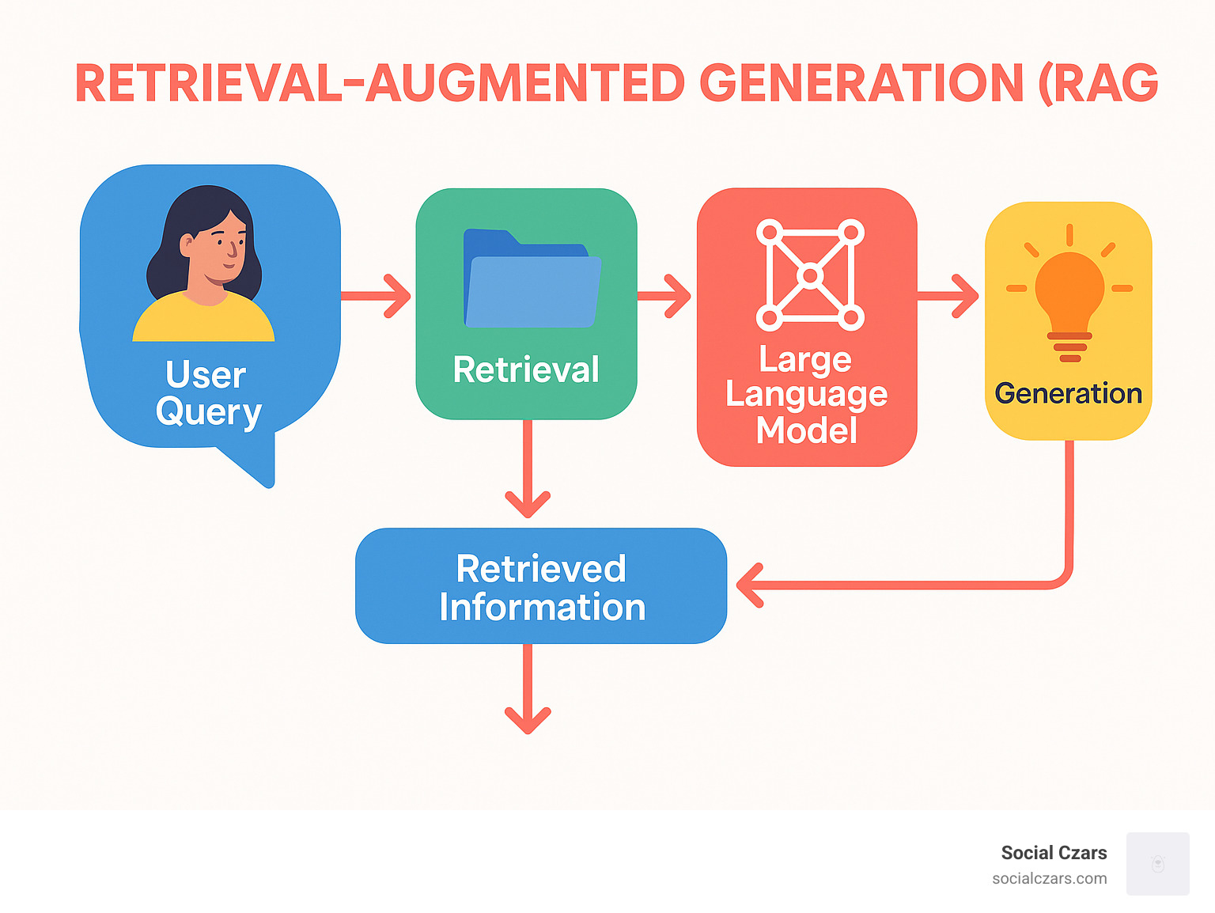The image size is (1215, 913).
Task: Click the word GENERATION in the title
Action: [861, 84]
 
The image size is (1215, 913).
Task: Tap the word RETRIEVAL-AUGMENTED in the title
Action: [380, 84]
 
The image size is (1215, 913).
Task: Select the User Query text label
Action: [207, 393]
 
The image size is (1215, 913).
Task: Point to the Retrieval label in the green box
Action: [526, 369]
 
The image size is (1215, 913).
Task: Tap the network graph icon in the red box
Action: [810, 275]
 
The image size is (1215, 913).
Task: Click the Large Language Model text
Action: [806, 395]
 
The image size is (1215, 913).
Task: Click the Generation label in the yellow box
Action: [1068, 393]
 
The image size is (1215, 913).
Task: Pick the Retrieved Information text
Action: [542, 588]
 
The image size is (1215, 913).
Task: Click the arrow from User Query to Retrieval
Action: [377, 296]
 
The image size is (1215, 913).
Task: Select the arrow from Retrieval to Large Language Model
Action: [664, 296]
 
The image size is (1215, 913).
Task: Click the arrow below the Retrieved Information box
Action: [528, 688]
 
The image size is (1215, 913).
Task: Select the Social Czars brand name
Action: [1054, 853]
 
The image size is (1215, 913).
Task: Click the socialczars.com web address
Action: [1049, 878]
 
